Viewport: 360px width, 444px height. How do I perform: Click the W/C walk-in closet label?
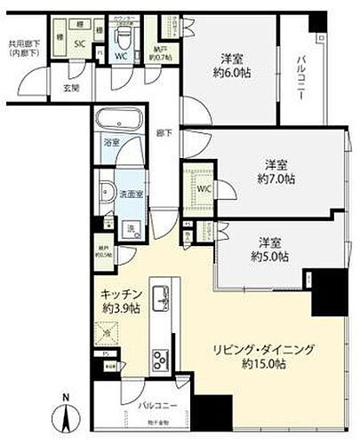click(204, 187)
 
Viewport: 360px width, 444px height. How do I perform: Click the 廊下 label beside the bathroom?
click(164, 132)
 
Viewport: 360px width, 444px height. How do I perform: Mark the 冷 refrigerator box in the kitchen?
click(108, 335)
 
